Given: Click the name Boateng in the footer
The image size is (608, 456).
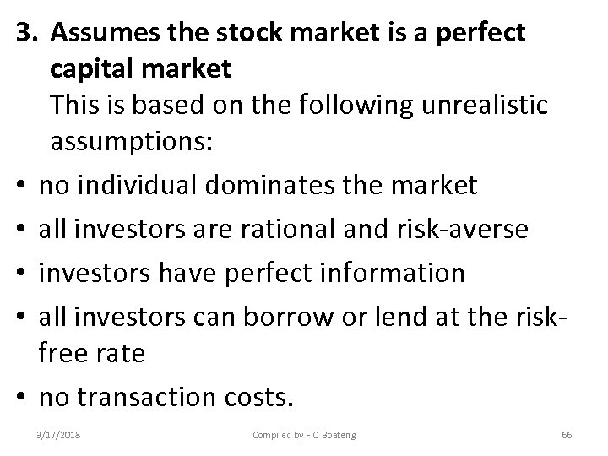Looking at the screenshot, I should click(x=335, y=435).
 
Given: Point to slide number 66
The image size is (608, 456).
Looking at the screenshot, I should click(x=567, y=435).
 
